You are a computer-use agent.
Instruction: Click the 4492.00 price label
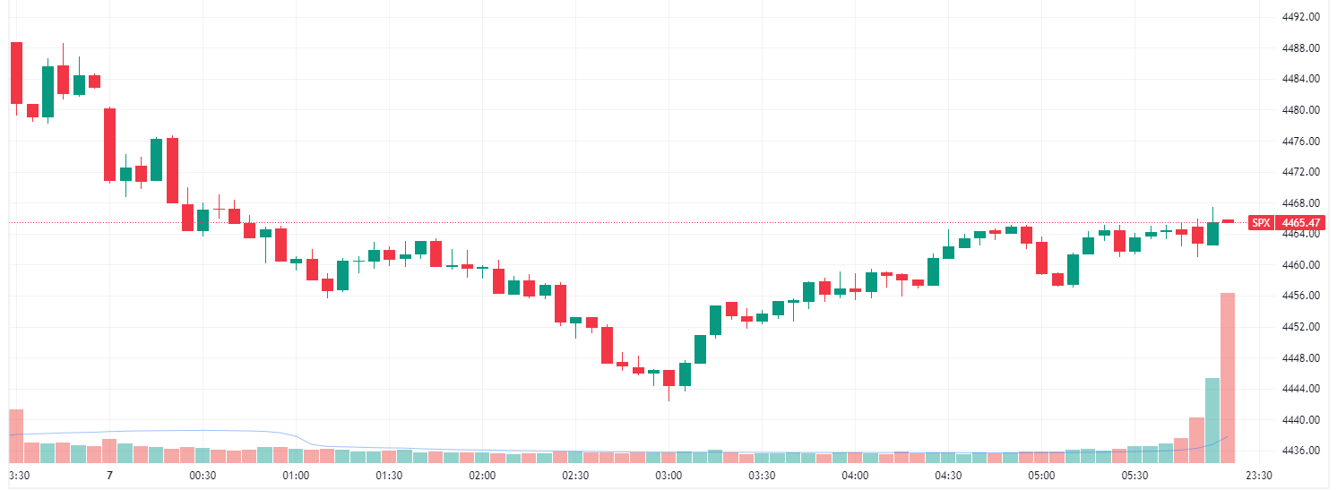[x=1302, y=17]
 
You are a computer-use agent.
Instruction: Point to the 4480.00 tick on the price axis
[x=1302, y=110]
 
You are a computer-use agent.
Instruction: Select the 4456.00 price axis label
[x=1302, y=296]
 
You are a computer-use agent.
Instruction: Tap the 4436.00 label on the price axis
[x=1302, y=451]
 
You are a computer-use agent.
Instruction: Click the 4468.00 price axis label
[x=1302, y=202]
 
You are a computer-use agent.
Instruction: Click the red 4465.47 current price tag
[x=1302, y=222]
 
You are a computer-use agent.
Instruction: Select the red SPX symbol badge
[x=1261, y=222]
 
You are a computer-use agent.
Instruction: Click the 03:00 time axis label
[x=668, y=476]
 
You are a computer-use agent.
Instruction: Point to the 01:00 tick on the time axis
[x=296, y=476]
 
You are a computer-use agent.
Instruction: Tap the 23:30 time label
[x=1259, y=476]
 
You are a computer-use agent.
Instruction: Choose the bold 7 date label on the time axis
[x=108, y=476]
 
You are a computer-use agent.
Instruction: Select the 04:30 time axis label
[x=948, y=476]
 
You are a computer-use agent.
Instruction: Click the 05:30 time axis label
[x=1134, y=476]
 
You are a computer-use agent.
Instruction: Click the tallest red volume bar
[x=1228, y=376]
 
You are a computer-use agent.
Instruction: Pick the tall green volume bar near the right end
[x=1212, y=419]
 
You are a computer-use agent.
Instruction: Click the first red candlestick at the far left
[x=16, y=73]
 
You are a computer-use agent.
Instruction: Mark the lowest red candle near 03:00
[x=668, y=377]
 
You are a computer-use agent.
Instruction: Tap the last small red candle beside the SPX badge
[x=1228, y=220]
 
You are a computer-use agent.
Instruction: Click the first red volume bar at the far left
[x=16, y=435]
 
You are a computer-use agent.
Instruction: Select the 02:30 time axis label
[x=575, y=476]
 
